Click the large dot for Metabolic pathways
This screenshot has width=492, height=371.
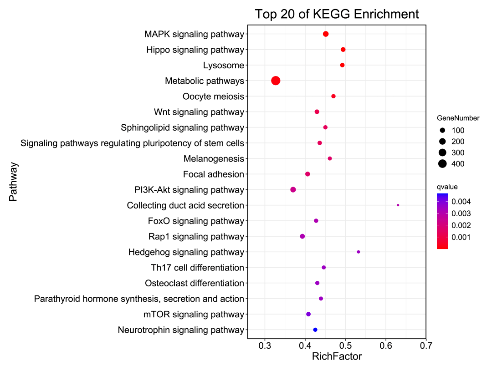(276, 81)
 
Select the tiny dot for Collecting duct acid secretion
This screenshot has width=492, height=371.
(398, 205)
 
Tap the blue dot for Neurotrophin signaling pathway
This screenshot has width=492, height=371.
(315, 330)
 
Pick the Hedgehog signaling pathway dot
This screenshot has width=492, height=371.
(359, 252)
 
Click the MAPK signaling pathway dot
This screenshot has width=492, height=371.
(326, 34)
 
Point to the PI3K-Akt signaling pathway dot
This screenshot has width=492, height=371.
(293, 189)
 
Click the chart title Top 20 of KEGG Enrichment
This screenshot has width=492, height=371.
(337, 14)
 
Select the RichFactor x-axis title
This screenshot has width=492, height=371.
(337, 356)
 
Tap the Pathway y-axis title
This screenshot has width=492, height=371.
(13, 182)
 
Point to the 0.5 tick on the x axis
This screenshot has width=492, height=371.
(345, 346)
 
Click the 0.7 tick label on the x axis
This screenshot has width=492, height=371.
(426, 346)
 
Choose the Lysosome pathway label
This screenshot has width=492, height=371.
(224, 66)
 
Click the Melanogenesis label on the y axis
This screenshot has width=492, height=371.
(214, 159)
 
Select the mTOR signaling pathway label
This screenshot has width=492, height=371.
(194, 315)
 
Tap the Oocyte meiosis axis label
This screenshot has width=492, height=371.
(213, 97)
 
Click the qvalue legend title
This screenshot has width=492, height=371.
(447, 187)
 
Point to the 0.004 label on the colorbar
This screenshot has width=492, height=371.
(461, 201)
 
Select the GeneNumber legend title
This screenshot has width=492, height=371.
(458, 118)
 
